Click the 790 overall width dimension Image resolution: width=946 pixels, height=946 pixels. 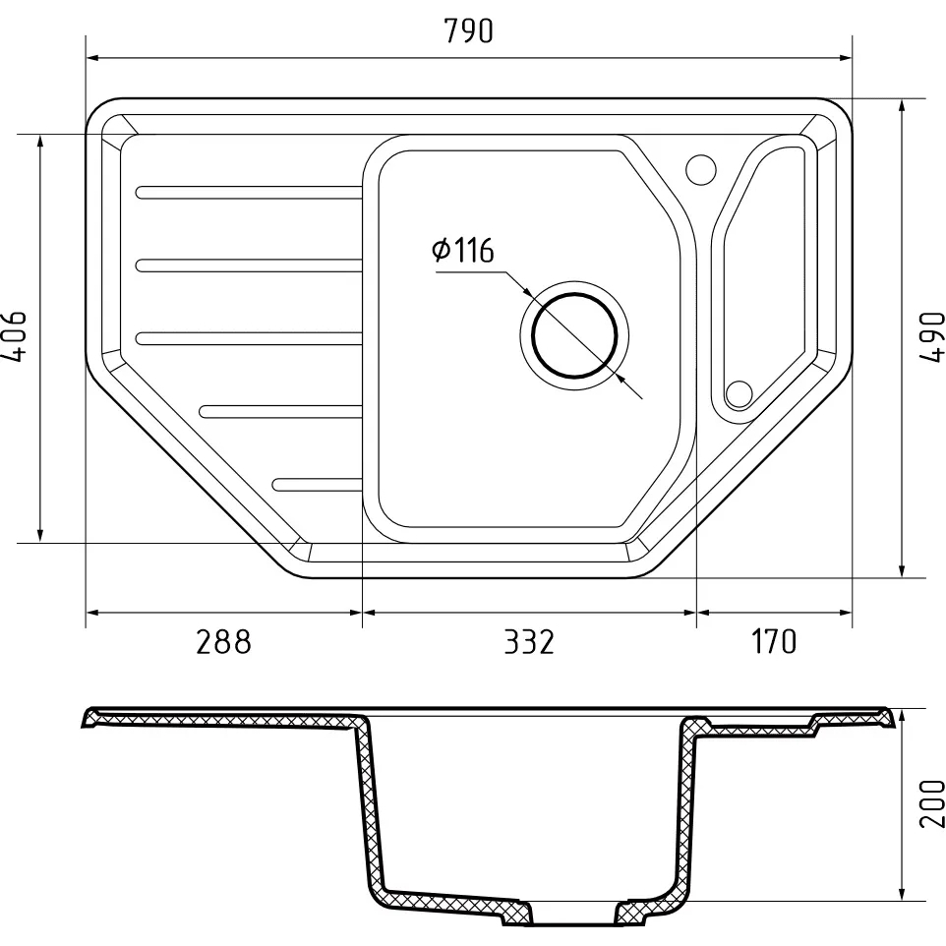coord(468,30)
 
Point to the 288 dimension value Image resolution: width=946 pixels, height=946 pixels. coord(223,641)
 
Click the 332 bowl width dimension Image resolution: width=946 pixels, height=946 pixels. coord(528,641)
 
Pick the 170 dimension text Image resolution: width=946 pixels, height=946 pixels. coord(774,641)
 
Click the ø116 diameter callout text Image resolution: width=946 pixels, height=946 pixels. coord(463,250)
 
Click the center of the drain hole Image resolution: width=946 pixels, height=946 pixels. coord(574,335)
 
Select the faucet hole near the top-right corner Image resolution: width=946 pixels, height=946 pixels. coord(701,169)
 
